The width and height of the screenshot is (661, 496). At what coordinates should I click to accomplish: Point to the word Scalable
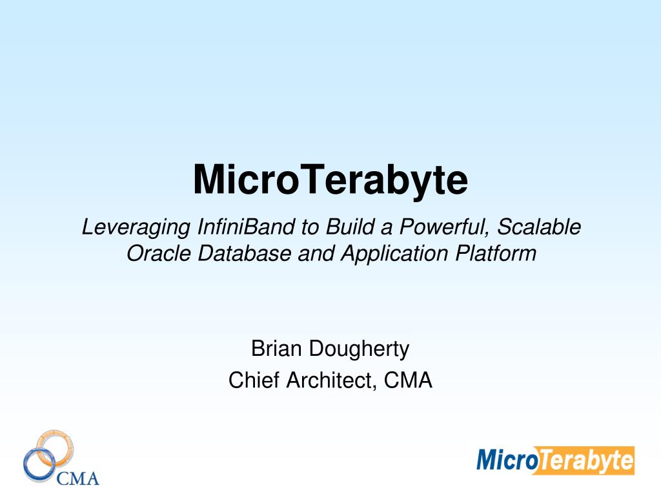click(x=539, y=227)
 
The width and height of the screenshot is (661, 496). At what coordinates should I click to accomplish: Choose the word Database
click(x=245, y=253)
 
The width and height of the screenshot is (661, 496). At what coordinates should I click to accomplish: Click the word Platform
click(x=496, y=253)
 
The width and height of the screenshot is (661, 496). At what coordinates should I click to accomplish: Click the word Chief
click(x=254, y=380)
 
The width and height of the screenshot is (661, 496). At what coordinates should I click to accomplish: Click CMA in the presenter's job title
click(x=408, y=380)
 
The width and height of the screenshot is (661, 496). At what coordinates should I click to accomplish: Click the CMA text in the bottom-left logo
click(x=78, y=479)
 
